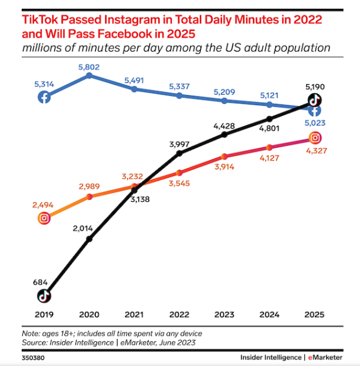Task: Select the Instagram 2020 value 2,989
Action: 90,186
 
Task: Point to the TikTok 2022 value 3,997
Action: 179,143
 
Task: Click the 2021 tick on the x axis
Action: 134,314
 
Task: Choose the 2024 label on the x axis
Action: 269,314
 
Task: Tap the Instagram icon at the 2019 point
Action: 45,218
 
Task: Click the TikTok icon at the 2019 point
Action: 45,296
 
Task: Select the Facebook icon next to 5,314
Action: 45,97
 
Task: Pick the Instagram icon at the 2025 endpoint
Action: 315,138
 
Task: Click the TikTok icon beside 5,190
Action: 315,100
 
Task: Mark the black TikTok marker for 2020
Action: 90,238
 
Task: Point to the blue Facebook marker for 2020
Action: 90,75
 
